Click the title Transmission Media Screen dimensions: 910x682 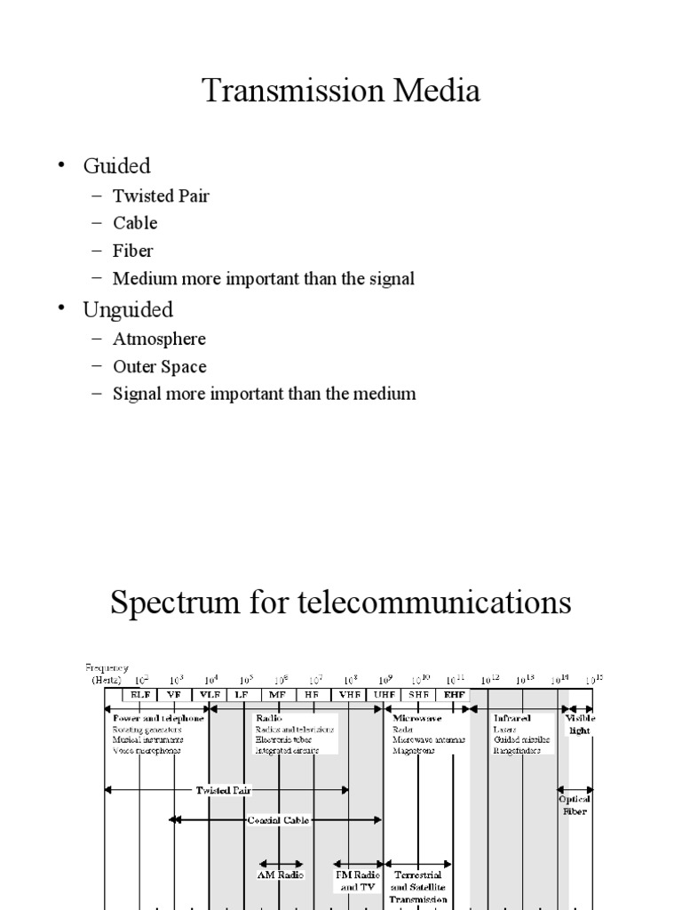[342, 91]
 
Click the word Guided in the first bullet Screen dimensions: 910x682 [116, 165]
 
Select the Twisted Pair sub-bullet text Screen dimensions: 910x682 [161, 196]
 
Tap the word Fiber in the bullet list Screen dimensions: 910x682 [133, 251]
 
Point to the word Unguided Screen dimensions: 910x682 [128, 309]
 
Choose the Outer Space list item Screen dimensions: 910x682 [159, 366]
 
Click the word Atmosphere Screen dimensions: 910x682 [159, 339]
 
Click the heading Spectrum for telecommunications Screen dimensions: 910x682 [341, 603]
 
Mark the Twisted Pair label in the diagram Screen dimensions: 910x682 [226, 789]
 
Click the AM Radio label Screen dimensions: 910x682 [281, 874]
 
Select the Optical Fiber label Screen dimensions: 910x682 [575, 805]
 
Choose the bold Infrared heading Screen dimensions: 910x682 [513, 717]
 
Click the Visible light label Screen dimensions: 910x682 [580, 723]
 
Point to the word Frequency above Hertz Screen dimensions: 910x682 [107, 667]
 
